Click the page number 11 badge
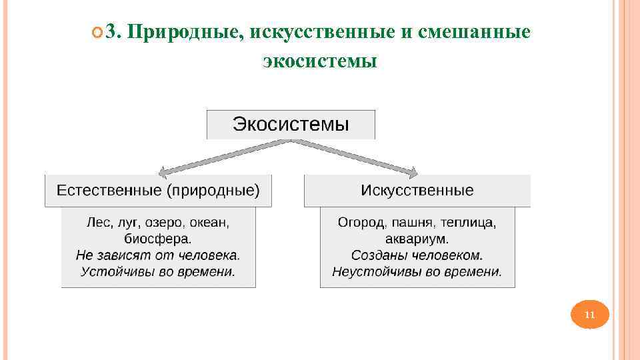coord(589,315)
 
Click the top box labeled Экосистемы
coord(291,125)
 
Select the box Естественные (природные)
coord(158,191)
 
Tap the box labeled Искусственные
coord(417,191)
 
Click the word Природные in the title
coord(185,31)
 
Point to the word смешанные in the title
coord(475,31)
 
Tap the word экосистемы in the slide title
coord(320,61)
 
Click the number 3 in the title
coord(111,31)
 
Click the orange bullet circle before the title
coord(97,33)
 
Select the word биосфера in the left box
coord(158,238)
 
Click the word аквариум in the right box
coord(417,238)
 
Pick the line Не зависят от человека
coord(158,255)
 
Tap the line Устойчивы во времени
coord(158,271)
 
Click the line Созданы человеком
coord(417,255)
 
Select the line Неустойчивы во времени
coord(417,271)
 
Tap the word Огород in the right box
coord(361,221)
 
